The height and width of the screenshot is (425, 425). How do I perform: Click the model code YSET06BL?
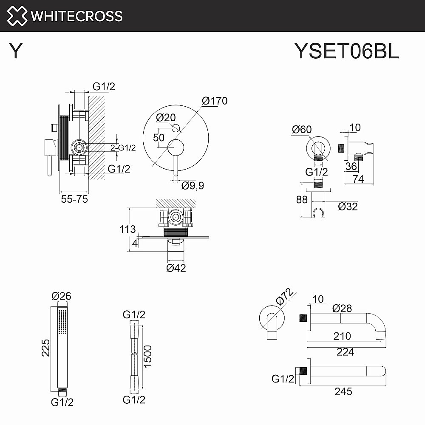(x=346, y=51)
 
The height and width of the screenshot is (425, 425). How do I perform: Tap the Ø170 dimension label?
(x=215, y=101)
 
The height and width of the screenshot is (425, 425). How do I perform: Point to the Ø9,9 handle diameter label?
(x=193, y=186)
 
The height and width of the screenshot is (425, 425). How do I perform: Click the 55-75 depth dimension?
(x=74, y=198)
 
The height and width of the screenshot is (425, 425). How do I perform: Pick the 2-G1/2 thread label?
(x=123, y=148)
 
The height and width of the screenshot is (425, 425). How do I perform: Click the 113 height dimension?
(x=127, y=229)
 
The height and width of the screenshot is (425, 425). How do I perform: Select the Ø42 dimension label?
(x=176, y=268)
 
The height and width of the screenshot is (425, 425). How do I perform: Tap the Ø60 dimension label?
(x=303, y=129)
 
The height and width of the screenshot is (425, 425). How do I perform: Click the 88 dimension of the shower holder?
(x=301, y=199)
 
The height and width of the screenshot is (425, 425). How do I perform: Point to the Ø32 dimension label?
(x=348, y=207)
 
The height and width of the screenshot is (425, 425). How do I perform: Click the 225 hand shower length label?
(x=46, y=348)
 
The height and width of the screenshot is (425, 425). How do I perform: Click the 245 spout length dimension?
(x=343, y=391)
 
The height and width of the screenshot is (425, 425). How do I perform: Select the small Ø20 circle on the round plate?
(x=176, y=128)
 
